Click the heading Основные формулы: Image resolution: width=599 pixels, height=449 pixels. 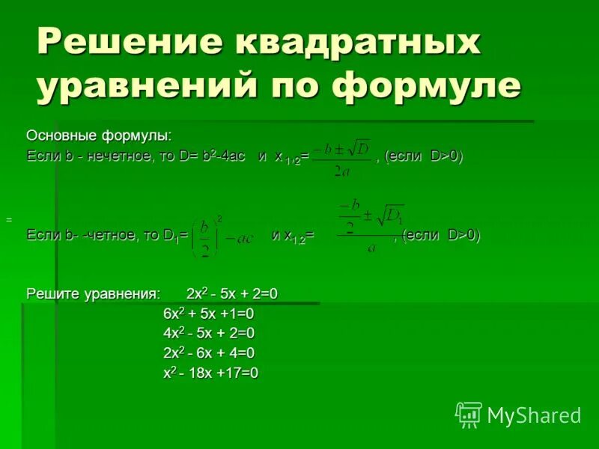(x=99, y=135)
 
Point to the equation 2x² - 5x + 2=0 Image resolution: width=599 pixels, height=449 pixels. (x=232, y=294)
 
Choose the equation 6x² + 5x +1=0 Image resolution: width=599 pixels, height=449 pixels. (x=209, y=314)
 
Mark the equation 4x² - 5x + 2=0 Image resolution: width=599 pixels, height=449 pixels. (x=209, y=333)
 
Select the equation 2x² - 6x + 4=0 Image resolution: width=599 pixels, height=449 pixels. (x=209, y=352)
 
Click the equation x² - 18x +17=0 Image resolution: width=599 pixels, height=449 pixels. (x=210, y=373)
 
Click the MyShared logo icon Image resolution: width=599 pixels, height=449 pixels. (x=469, y=414)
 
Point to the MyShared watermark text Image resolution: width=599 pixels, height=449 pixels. (x=534, y=415)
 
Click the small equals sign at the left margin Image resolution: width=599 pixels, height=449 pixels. (x=9, y=220)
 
